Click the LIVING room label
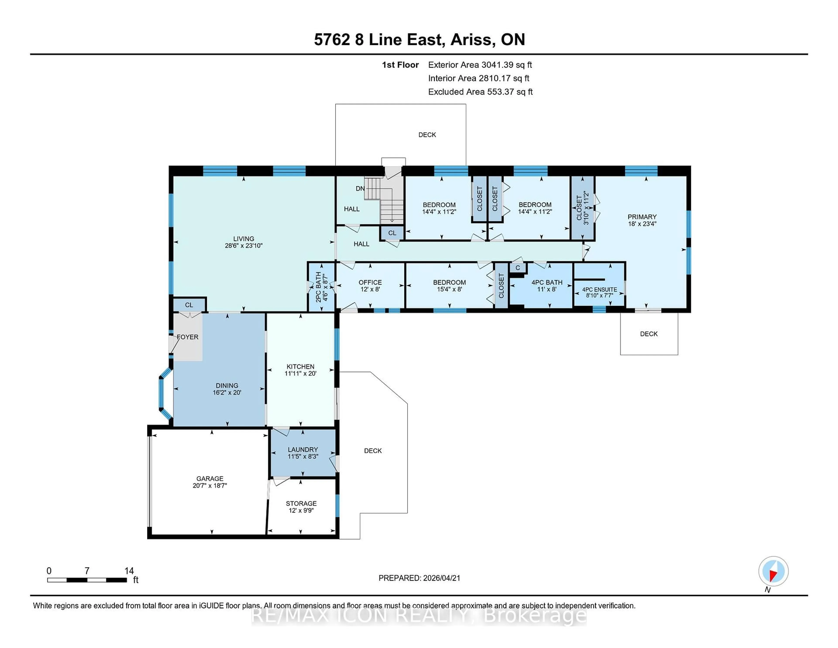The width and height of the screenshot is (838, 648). point(243,238)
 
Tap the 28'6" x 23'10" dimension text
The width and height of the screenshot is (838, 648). point(243,246)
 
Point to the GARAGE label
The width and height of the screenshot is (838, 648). point(209,478)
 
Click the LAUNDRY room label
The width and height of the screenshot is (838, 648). point(303,449)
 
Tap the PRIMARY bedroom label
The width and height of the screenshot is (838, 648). point(642,217)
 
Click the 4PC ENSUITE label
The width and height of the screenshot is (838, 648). point(599,290)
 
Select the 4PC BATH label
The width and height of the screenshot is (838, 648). point(546,282)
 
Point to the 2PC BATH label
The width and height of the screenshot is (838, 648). point(318,287)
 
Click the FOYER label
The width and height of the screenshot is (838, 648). point(188,337)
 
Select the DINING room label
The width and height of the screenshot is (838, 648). point(227,385)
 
